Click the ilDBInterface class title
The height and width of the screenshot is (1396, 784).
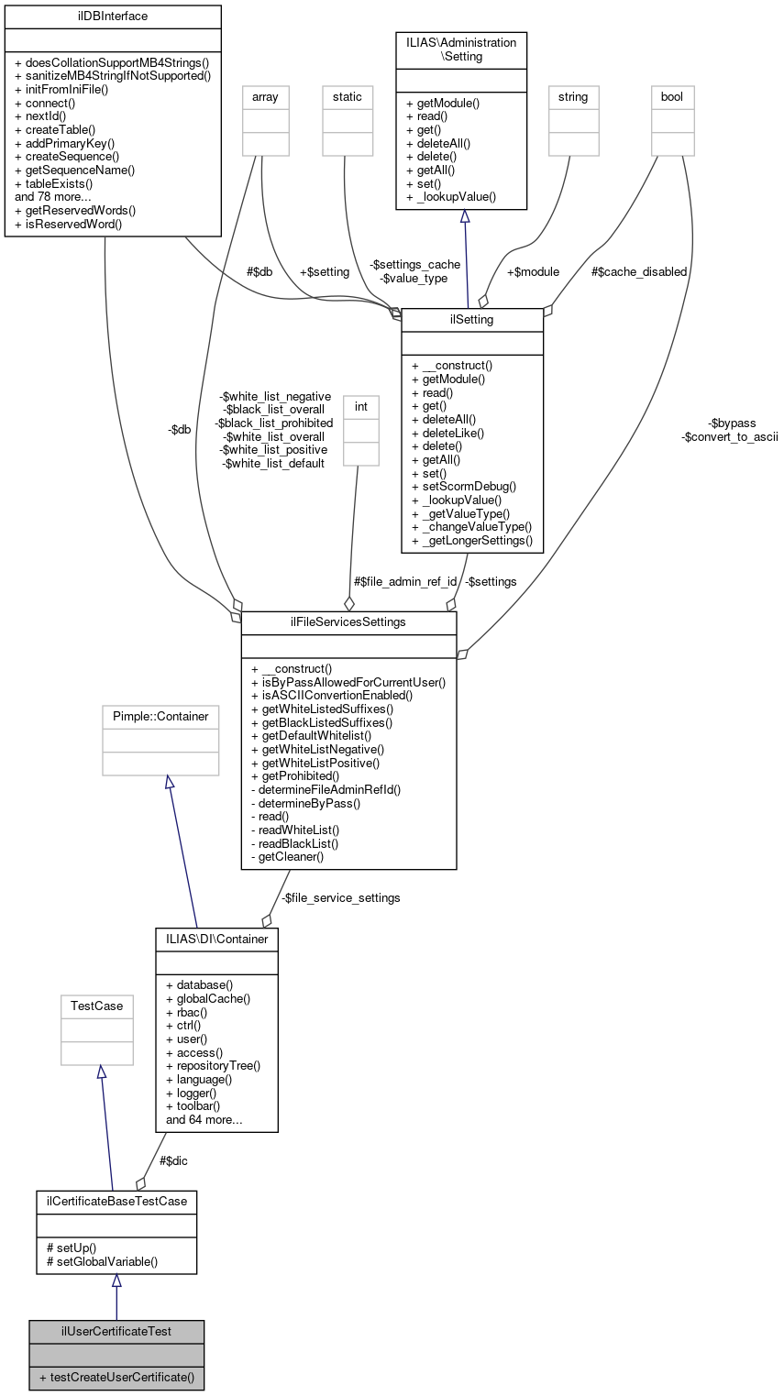click(113, 16)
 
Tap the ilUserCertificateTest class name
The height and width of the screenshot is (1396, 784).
click(116, 1330)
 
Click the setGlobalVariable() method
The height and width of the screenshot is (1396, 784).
click(101, 1260)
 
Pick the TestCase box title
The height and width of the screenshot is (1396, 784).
click(97, 1006)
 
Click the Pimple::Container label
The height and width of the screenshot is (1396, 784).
click(160, 716)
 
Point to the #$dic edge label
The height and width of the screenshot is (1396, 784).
click(174, 1160)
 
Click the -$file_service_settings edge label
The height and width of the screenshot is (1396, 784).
click(340, 897)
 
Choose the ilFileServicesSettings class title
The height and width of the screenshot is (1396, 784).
click(348, 622)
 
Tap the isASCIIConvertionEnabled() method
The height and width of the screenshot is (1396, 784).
click(332, 695)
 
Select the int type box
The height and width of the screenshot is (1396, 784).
click(360, 430)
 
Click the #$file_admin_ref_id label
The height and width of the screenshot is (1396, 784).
click(404, 581)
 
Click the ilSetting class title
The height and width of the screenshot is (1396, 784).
click(472, 319)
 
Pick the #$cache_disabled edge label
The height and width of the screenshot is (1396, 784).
click(639, 271)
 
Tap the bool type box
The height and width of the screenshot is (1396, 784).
click(672, 120)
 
